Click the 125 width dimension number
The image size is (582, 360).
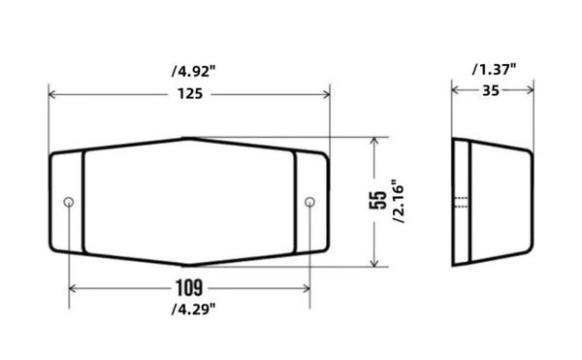pyautogui.click(x=190, y=94)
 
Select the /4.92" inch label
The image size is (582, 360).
pyautogui.click(x=193, y=71)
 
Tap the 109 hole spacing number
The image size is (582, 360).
pyautogui.click(x=189, y=288)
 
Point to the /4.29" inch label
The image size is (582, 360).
pyautogui.click(x=193, y=309)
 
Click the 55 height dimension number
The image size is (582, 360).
pyautogui.click(x=378, y=200)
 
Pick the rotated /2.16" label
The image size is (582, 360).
pyautogui.click(x=399, y=202)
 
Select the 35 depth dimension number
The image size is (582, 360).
pyautogui.click(x=491, y=90)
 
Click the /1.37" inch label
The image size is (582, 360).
pyautogui.click(x=494, y=70)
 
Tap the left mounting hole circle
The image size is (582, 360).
pyautogui.click(x=69, y=202)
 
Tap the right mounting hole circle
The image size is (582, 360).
pyautogui.click(x=310, y=202)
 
